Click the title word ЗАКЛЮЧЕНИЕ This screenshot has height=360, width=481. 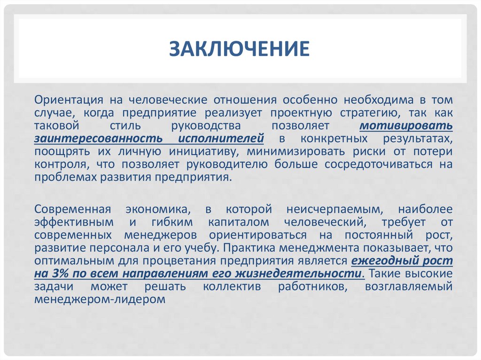[x=240, y=49]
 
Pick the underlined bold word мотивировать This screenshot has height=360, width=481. [x=406, y=126]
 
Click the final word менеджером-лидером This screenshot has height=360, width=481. [x=101, y=299]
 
